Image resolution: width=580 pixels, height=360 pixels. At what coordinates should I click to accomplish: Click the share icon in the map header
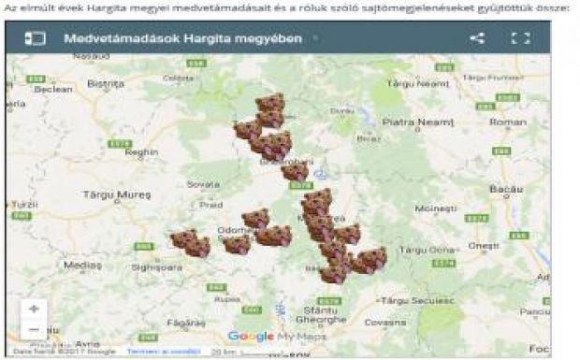(x=477, y=39)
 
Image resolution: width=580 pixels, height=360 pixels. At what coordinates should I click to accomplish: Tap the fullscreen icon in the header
(x=521, y=39)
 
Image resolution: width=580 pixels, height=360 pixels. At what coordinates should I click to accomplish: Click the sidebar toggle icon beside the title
(x=35, y=39)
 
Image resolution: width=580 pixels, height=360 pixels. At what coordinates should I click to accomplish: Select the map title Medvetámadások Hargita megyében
(x=182, y=39)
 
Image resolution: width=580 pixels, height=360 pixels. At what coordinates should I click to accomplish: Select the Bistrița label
(x=105, y=82)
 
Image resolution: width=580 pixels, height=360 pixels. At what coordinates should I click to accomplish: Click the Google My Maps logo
(x=274, y=336)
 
